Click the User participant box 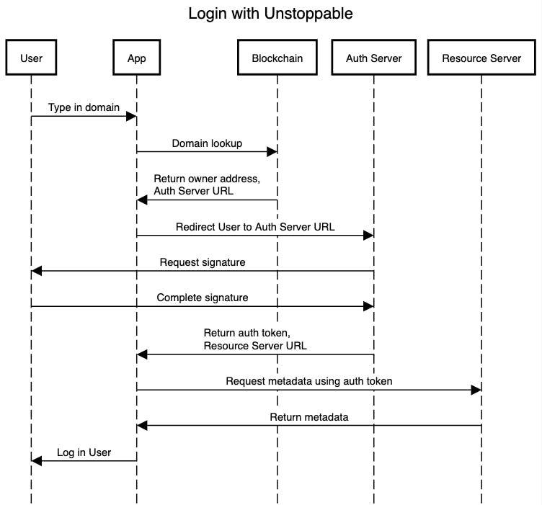tap(31, 58)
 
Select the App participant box tap(136, 58)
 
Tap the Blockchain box tap(277, 58)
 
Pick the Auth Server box tap(373, 58)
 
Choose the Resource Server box tap(481, 58)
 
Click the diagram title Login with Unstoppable tap(270, 14)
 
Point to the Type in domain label tap(84, 107)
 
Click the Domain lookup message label tap(207, 143)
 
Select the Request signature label tap(203, 262)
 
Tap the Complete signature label tap(203, 298)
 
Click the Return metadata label tap(309, 417)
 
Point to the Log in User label tap(84, 452)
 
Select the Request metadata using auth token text tap(309, 381)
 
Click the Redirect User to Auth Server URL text tap(255, 227)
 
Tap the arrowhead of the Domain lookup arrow tap(272, 151)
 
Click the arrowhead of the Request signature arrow tap(36, 271)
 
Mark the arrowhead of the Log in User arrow tap(36, 460)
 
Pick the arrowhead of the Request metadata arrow tap(476, 390)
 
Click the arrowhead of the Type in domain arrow tap(131, 116)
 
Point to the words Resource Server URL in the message tap(255, 345)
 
